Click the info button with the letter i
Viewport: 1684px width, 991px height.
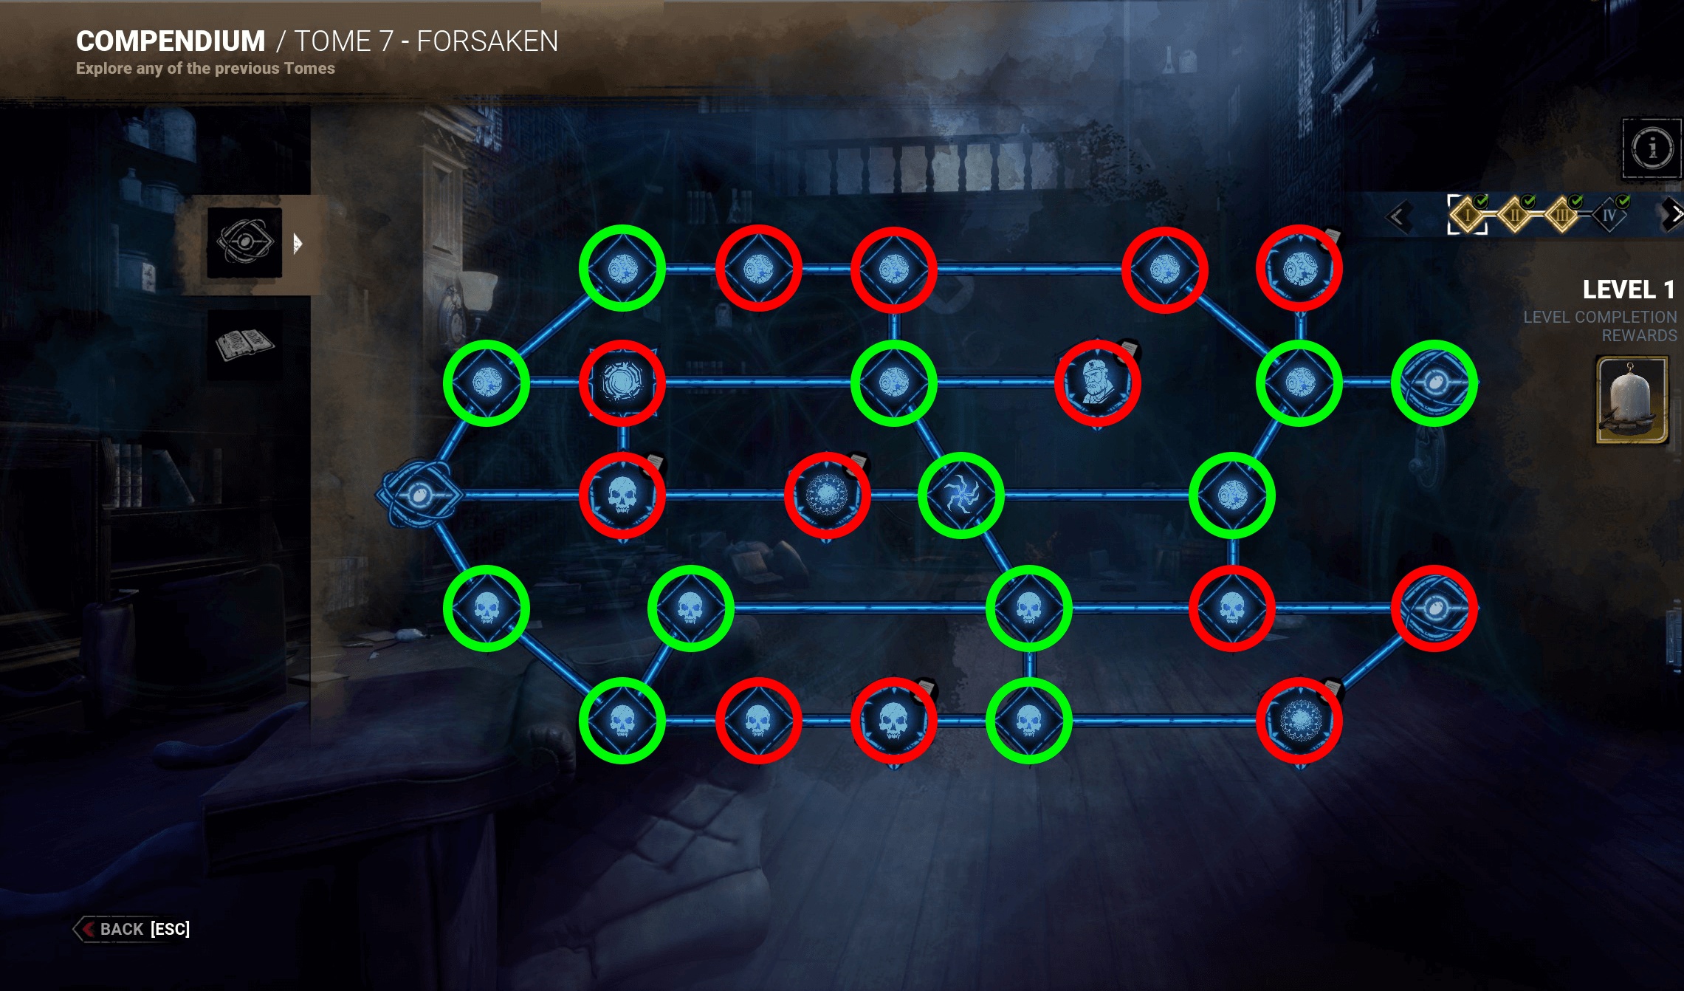(1652, 148)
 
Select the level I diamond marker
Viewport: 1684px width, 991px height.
(1468, 215)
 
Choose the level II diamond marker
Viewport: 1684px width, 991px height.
(1515, 215)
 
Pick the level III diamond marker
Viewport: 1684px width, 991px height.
(1562, 215)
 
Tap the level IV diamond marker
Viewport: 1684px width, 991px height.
(1609, 215)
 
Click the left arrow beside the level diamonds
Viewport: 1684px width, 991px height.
(1398, 216)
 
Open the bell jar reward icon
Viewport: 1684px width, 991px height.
(1632, 400)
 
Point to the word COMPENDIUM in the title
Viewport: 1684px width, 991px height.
(171, 41)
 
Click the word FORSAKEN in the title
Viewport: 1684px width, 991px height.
(487, 41)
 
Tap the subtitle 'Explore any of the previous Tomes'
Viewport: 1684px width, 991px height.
(205, 69)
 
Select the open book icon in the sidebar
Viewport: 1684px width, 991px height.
(244, 344)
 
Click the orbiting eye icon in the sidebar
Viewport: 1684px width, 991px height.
(244, 241)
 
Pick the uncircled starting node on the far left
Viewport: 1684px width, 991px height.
(419, 495)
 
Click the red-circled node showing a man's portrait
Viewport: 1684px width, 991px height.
(1098, 383)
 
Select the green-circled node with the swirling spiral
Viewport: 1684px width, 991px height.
(961, 495)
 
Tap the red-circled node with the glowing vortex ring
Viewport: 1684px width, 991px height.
(622, 383)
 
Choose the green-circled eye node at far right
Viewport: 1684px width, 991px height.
(1434, 383)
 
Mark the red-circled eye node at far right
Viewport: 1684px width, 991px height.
(1434, 608)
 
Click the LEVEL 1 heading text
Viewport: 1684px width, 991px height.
(1629, 289)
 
